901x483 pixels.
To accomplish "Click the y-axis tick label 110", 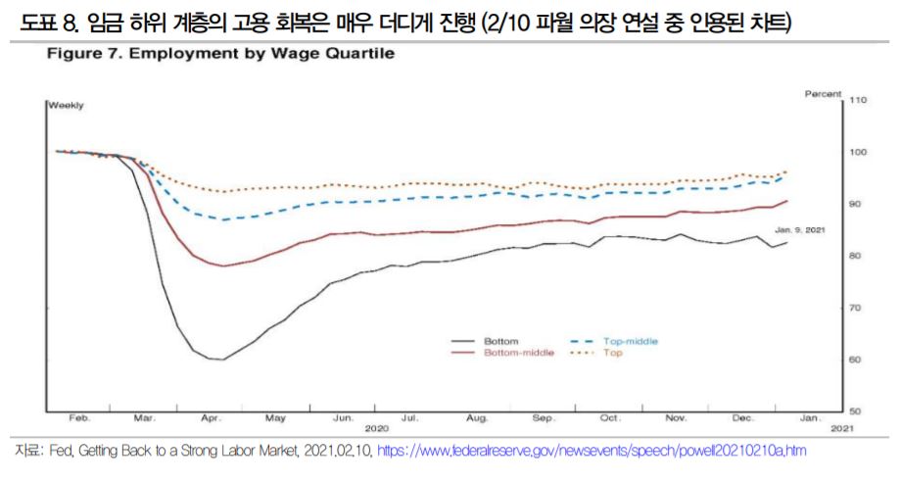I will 859,100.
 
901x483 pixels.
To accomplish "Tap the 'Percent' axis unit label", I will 822,93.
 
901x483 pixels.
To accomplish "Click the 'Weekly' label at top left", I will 66,104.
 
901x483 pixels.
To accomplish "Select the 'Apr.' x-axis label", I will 211,418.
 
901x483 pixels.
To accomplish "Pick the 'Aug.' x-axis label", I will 477,418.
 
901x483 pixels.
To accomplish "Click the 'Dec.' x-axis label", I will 743,418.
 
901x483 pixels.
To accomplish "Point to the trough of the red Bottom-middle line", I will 224,266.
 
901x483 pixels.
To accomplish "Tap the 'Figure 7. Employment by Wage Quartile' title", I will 219,54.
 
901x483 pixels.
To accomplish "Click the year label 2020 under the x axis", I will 377,429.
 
